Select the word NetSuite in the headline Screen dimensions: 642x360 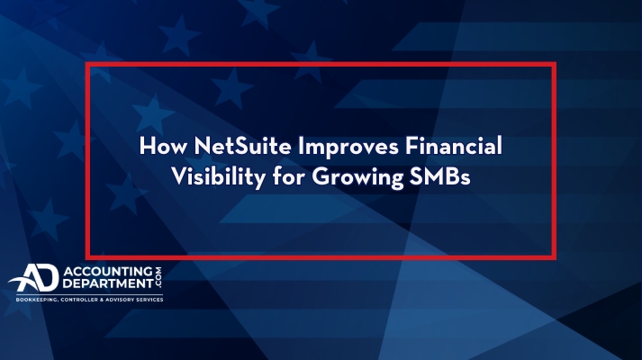tap(243, 146)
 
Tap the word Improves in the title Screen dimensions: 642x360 tap(348, 148)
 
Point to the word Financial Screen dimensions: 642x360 tap(454, 146)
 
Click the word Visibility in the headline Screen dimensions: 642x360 tap(219, 178)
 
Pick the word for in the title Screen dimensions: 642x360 tap(289, 176)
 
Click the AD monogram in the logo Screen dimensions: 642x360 tap(34, 277)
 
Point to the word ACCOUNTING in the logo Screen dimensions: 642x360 tap(108, 271)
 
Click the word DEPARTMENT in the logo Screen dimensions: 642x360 tap(108, 283)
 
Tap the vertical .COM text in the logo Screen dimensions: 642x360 tap(158, 277)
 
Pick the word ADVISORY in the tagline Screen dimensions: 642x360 tap(119, 300)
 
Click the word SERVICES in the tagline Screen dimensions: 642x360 tap(149, 300)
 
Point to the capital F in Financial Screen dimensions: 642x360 tap(411, 146)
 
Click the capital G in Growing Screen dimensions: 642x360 tap(321, 177)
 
